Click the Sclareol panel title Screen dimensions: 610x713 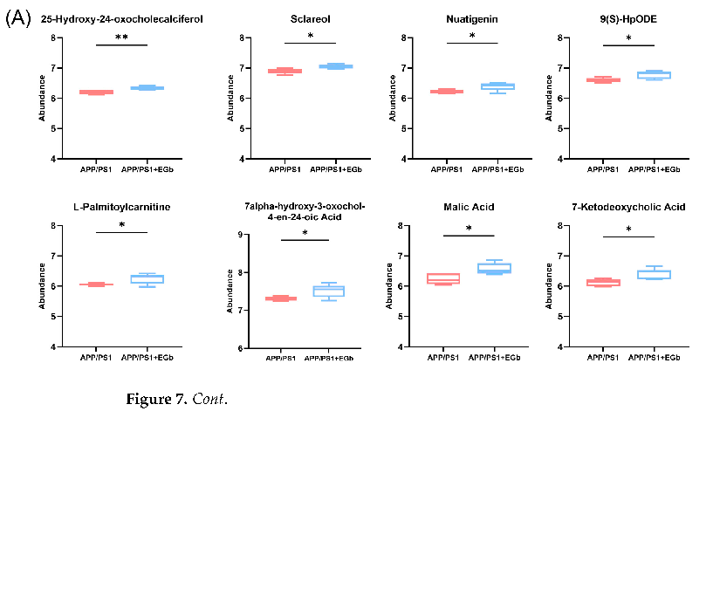[x=310, y=19]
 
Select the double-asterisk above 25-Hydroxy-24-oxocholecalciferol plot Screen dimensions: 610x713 [x=121, y=38]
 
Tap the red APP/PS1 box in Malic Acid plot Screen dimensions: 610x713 [x=443, y=278]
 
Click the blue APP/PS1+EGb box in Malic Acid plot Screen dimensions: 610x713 [x=494, y=268]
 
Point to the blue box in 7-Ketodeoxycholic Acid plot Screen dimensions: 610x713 [x=654, y=274]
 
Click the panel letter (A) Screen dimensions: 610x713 [x=18, y=19]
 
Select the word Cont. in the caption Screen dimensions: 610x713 [x=209, y=400]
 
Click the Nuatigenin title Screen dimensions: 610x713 [x=471, y=19]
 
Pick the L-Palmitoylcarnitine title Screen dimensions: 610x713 [x=121, y=207]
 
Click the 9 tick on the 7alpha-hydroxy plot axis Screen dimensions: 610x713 [x=243, y=235]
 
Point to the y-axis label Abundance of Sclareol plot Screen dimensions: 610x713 [x=230, y=98]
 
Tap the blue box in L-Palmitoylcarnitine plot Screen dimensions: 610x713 [x=147, y=279]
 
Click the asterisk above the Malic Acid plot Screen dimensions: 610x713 [x=469, y=230]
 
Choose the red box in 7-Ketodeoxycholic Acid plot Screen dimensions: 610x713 [x=603, y=283]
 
